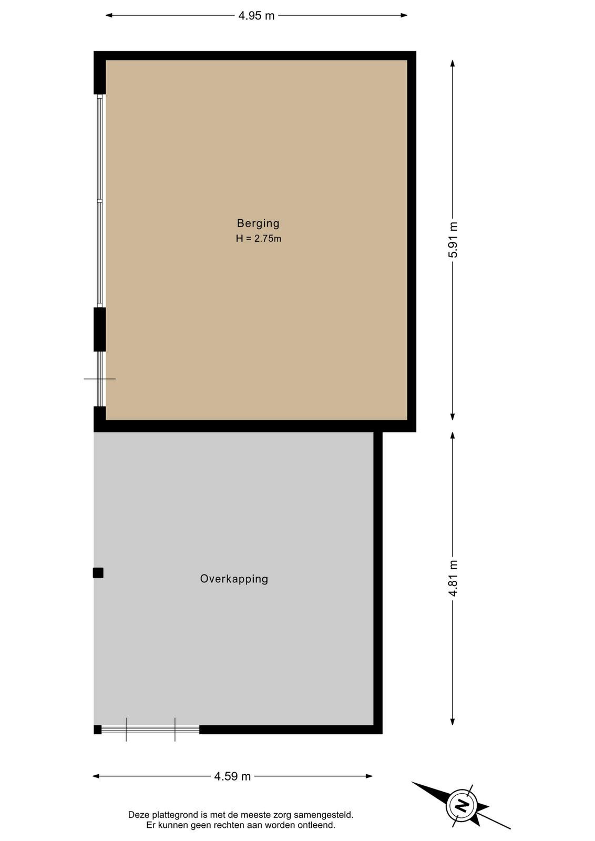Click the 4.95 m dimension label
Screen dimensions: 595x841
257,16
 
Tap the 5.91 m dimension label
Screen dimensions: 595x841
454,240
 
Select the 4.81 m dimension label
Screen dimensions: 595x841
454,578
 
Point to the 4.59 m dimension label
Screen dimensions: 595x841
232,776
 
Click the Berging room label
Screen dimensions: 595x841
258,223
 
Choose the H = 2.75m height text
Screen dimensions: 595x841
258,239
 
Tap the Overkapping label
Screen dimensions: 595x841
234,579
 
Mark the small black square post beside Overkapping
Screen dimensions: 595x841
98,573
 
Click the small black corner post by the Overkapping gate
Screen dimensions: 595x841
97,730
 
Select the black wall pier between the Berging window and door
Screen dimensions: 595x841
99,329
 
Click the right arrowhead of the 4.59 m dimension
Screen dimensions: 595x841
369,776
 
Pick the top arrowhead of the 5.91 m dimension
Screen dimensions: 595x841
453,64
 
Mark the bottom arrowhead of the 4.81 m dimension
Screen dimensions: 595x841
453,721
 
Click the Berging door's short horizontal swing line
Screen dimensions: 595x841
99,379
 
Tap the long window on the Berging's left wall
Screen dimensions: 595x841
100,200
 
